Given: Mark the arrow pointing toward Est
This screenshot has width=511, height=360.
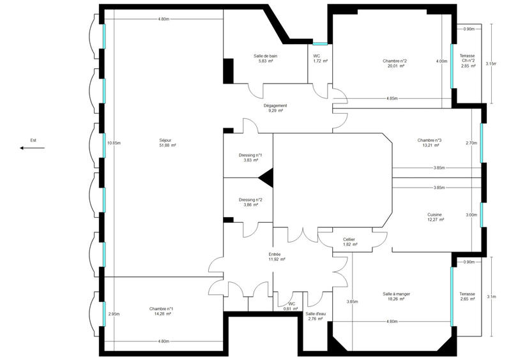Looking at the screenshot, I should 32,148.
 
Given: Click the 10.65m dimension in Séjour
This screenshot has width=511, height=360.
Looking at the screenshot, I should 114,143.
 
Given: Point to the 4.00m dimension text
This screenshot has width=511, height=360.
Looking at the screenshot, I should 441,61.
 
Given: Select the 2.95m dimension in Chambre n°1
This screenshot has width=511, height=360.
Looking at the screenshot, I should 114,313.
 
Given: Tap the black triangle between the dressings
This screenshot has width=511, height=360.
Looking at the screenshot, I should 266,177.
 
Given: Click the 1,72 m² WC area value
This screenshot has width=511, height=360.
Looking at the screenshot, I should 320,61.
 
